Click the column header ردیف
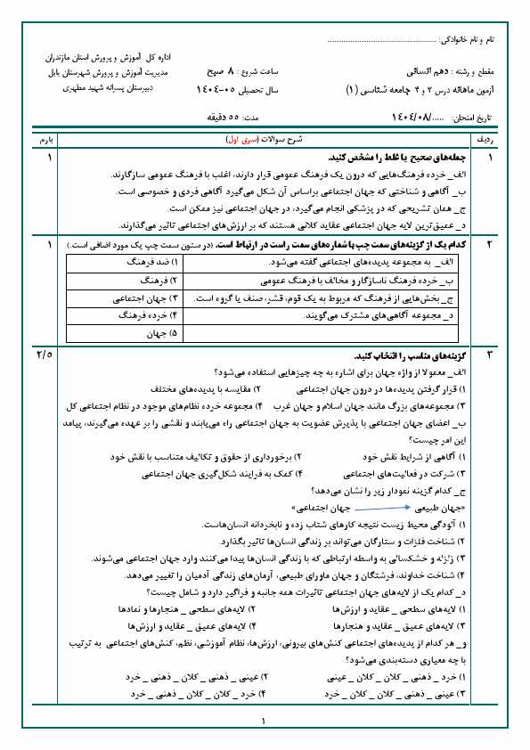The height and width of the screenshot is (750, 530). pyautogui.click(x=501, y=141)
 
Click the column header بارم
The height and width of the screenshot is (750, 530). pyautogui.click(x=45, y=141)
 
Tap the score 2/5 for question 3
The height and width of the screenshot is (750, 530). pyautogui.click(x=45, y=355)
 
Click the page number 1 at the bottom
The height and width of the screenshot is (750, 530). pyautogui.click(x=265, y=721)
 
